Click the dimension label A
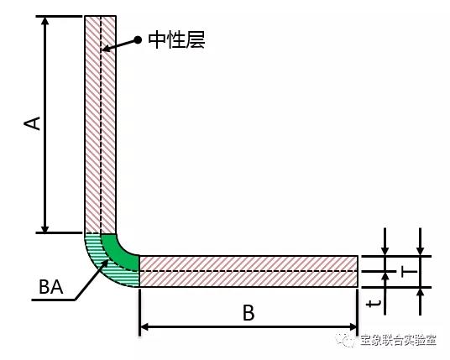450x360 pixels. (x=32, y=123)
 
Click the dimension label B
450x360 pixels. (x=249, y=313)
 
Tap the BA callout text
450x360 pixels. (x=51, y=287)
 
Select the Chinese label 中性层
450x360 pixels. (x=176, y=40)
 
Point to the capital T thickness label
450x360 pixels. (x=409, y=271)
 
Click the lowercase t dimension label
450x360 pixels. (x=374, y=304)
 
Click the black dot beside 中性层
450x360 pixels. (x=138, y=40)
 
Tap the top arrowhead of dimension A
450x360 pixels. (x=45, y=21)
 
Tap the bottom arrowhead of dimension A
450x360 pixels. (x=45, y=228)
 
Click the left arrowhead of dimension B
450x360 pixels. (x=144, y=326)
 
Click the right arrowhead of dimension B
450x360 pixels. (x=353, y=326)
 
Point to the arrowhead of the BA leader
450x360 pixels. (x=106, y=263)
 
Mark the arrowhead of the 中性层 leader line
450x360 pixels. (x=106, y=50)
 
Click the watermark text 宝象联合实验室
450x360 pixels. (x=398, y=341)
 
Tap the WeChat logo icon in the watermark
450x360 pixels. (x=347, y=340)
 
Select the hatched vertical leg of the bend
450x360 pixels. (x=101, y=124)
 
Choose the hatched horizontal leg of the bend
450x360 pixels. (x=249, y=271)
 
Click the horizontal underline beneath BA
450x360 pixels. (x=53, y=300)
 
